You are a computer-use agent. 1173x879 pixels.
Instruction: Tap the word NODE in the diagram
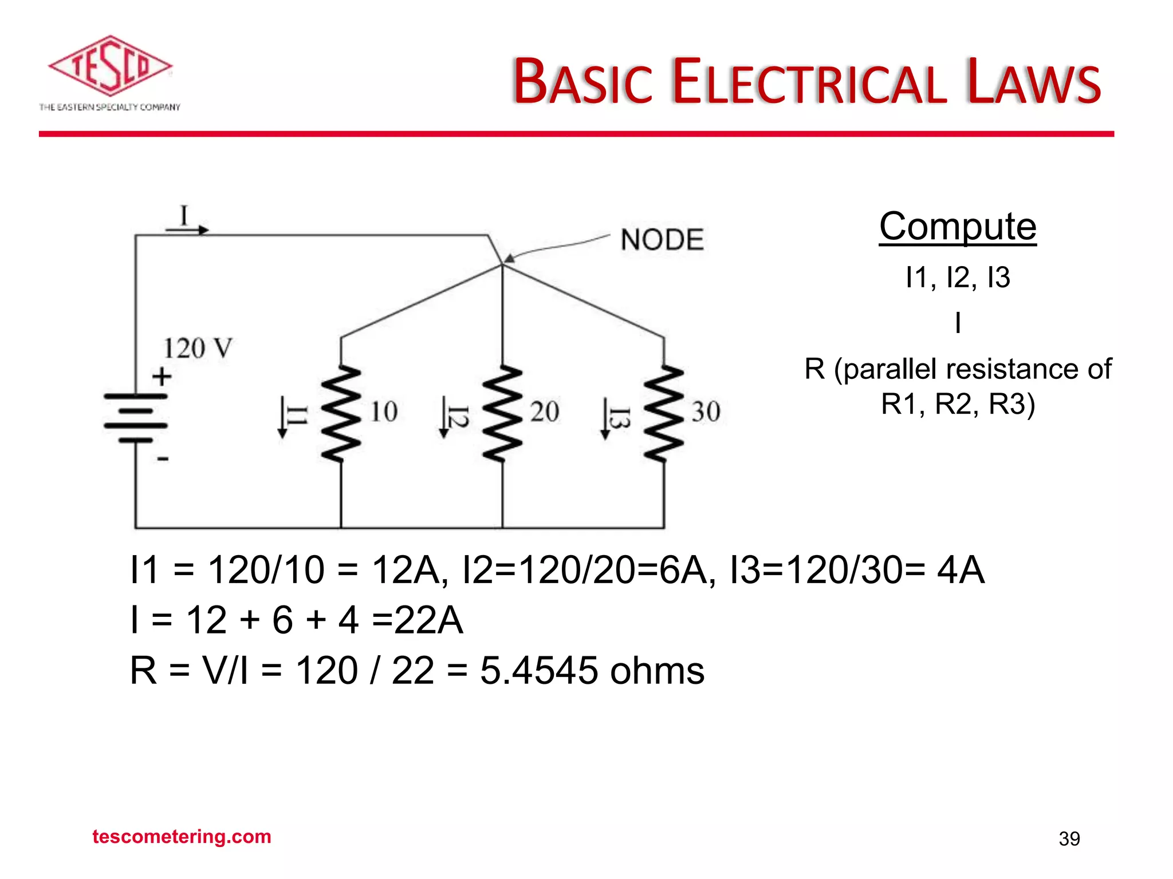pos(662,240)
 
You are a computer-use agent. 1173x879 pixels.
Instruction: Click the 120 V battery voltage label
pos(198,349)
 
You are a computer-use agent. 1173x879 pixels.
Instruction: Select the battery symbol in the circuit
pos(136,418)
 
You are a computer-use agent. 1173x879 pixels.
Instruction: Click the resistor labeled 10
pos(341,413)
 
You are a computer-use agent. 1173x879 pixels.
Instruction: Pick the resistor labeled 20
pos(502,413)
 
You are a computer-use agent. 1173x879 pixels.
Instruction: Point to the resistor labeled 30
pos(664,413)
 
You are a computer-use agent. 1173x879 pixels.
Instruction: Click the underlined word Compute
pos(958,227)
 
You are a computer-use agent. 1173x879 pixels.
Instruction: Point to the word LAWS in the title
pos(1033,82)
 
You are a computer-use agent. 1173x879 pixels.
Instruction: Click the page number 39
pos(1069,839)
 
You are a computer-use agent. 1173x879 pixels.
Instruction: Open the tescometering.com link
pos(182,837)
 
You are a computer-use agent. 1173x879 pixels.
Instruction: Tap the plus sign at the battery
pos(162,377)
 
